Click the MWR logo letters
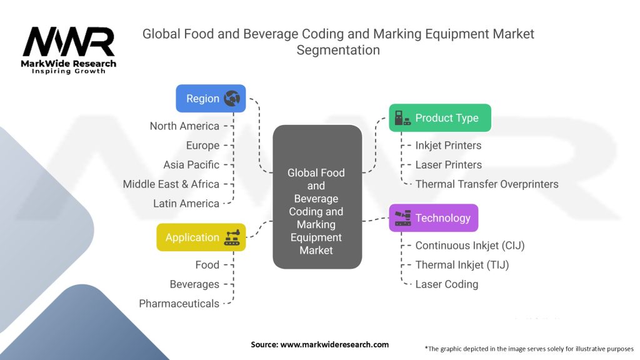pos(69,42)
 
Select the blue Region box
pos(211,98)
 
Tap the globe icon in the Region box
pos(232,98)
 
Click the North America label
pos(184,126)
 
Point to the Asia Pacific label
pos(191,165)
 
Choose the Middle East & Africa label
pos(171,184)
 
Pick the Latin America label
pos(186,204)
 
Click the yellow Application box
pos(201,237)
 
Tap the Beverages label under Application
pos(194,284)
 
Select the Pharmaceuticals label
pos(179,304)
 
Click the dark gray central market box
pos(317,197)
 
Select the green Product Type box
pos(439,117)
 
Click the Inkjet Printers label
pos(448,146)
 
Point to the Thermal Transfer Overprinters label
pos(487,184)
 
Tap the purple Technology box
pos(433,217)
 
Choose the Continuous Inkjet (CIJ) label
pos(470,246)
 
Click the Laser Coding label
pos(447,284)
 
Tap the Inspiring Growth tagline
pos(69,71)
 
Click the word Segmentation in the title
pos(338,50)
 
